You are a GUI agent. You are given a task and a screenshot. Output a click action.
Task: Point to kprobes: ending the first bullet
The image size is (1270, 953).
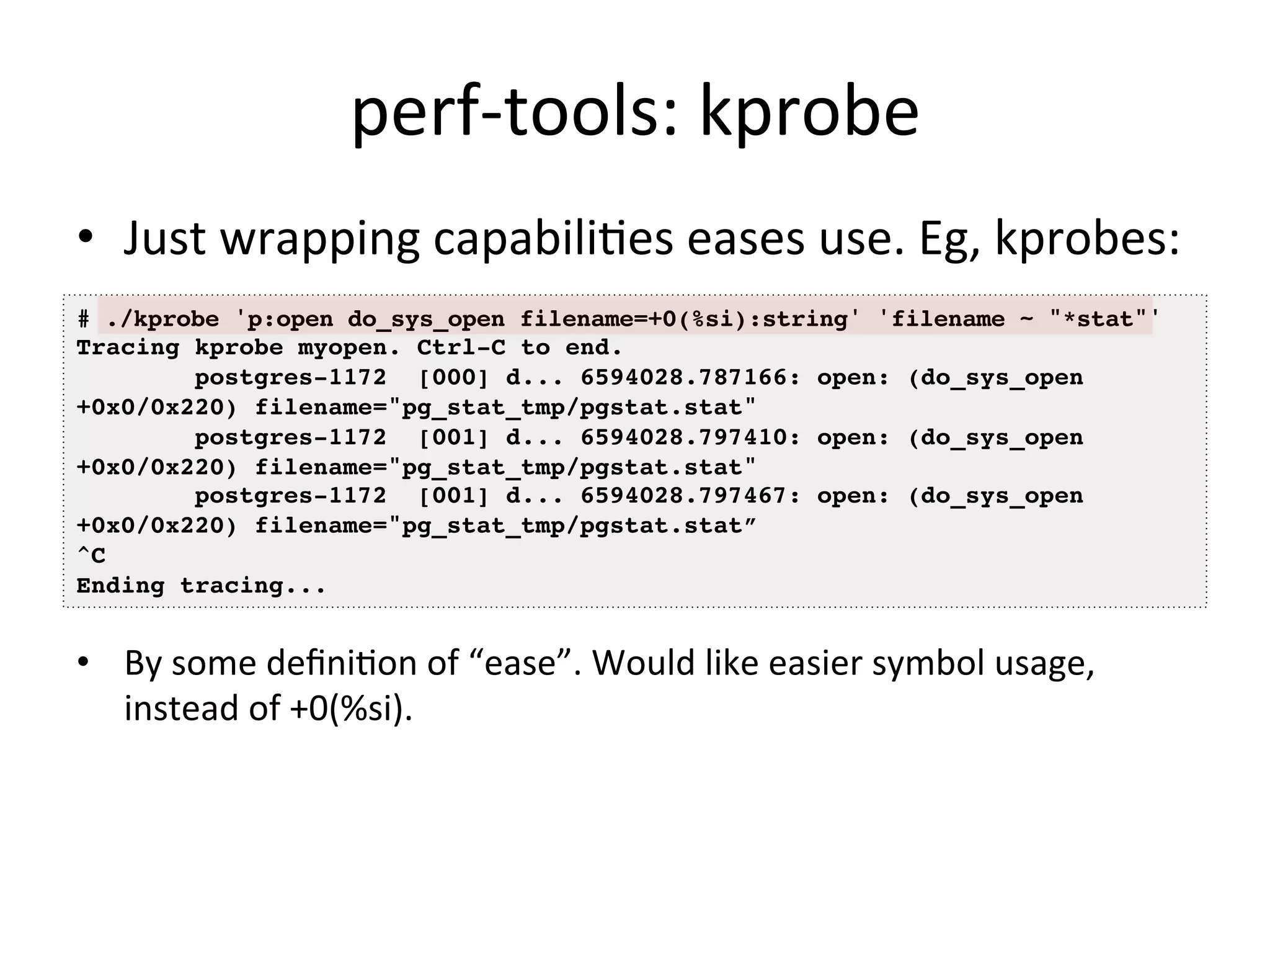click(x=1086, y=239)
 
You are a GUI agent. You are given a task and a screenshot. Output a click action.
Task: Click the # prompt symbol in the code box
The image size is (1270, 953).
click(x=84, y=320)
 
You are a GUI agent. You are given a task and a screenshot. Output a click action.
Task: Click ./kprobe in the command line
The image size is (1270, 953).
click(x=162, y=320)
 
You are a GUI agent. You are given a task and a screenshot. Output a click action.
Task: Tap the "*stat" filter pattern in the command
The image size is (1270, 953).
click(x=1098, y=320)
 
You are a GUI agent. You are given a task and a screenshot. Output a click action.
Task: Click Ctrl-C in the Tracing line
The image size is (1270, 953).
click(x=461, y=348)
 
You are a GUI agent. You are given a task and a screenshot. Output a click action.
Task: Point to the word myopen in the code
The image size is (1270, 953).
click(x=349, y=348)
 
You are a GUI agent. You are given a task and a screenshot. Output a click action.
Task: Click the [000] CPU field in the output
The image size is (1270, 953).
click(x=453, y=378)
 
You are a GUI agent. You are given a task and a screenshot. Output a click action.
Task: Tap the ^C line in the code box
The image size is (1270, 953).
click(x=91, y=555)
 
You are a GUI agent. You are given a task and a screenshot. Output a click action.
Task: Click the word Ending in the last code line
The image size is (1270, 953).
click(x=121, y=586)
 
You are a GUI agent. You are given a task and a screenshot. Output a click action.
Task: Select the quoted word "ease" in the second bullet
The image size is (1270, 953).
click(x=521, y=663)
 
